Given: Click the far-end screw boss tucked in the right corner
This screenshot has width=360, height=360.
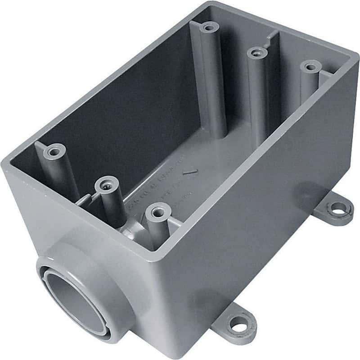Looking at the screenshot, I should (x=310, y=67).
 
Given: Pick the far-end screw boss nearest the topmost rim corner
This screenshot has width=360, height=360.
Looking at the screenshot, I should (x=208, y=27).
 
